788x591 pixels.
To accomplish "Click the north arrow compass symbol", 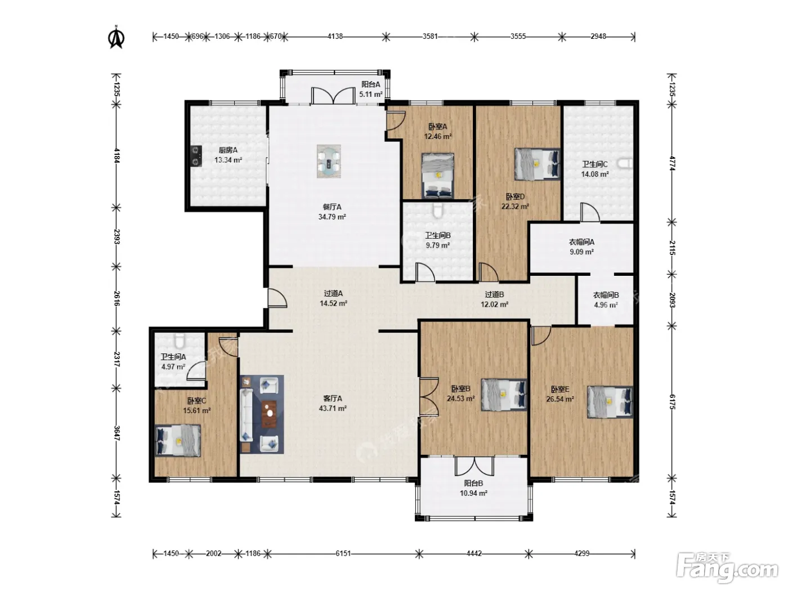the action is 117,37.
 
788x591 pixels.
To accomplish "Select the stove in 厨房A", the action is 196,156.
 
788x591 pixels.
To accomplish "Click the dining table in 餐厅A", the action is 329,162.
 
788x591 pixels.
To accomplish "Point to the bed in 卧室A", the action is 437,176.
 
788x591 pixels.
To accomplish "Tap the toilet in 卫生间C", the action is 625,164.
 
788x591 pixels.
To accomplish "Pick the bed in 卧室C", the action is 178,441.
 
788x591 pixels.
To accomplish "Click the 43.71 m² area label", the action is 333,409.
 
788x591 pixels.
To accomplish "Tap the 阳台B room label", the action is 473,483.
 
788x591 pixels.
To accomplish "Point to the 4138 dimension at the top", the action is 335,36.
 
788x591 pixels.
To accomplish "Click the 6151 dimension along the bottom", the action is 343,553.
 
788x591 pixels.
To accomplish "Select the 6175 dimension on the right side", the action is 673,402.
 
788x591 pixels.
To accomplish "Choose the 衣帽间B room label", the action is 606,295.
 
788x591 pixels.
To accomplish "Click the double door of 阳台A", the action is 334,96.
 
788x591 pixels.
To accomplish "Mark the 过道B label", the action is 494,294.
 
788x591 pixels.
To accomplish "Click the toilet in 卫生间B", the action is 437,211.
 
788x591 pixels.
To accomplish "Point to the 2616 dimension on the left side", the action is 117,298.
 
